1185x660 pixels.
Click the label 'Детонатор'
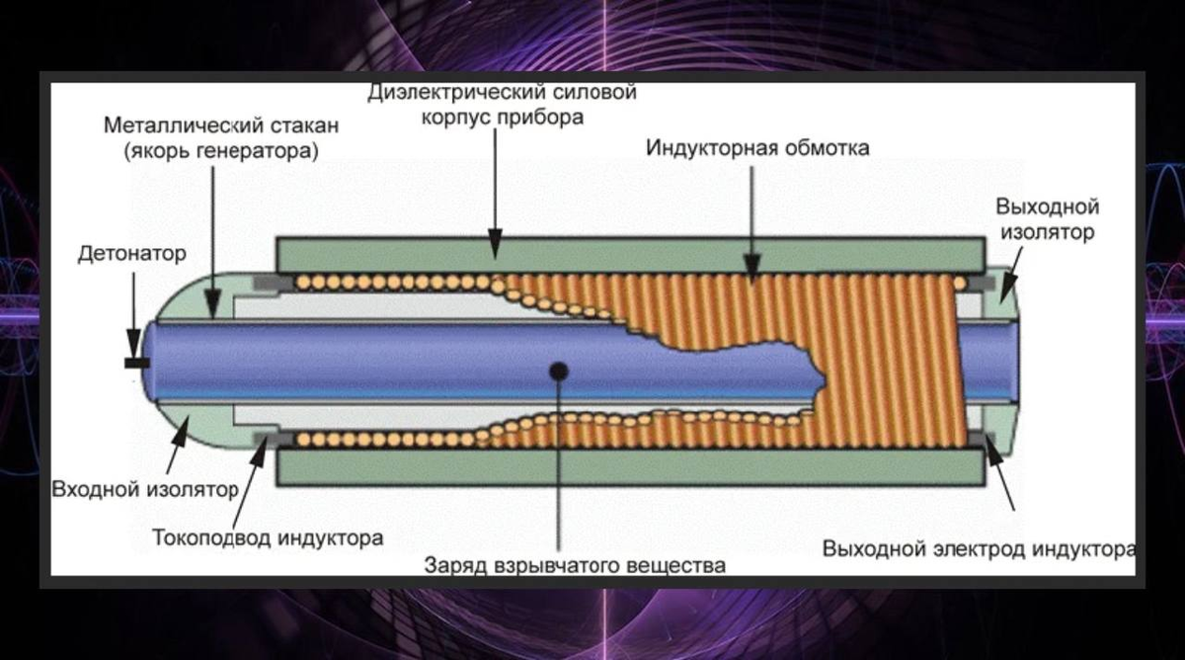tap(131, 254)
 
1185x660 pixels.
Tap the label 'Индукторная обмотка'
tap(757, 148)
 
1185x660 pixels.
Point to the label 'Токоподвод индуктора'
tap(268, 538)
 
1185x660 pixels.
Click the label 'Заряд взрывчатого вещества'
tap(575, 566)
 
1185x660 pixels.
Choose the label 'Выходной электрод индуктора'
tap(979, 548)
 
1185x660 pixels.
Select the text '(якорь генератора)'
tap(221, 151)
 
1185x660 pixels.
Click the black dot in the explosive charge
tap(559, 371)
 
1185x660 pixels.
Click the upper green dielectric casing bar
tap(632, 254)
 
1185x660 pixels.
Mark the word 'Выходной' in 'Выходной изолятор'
tap(1047, 207)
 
